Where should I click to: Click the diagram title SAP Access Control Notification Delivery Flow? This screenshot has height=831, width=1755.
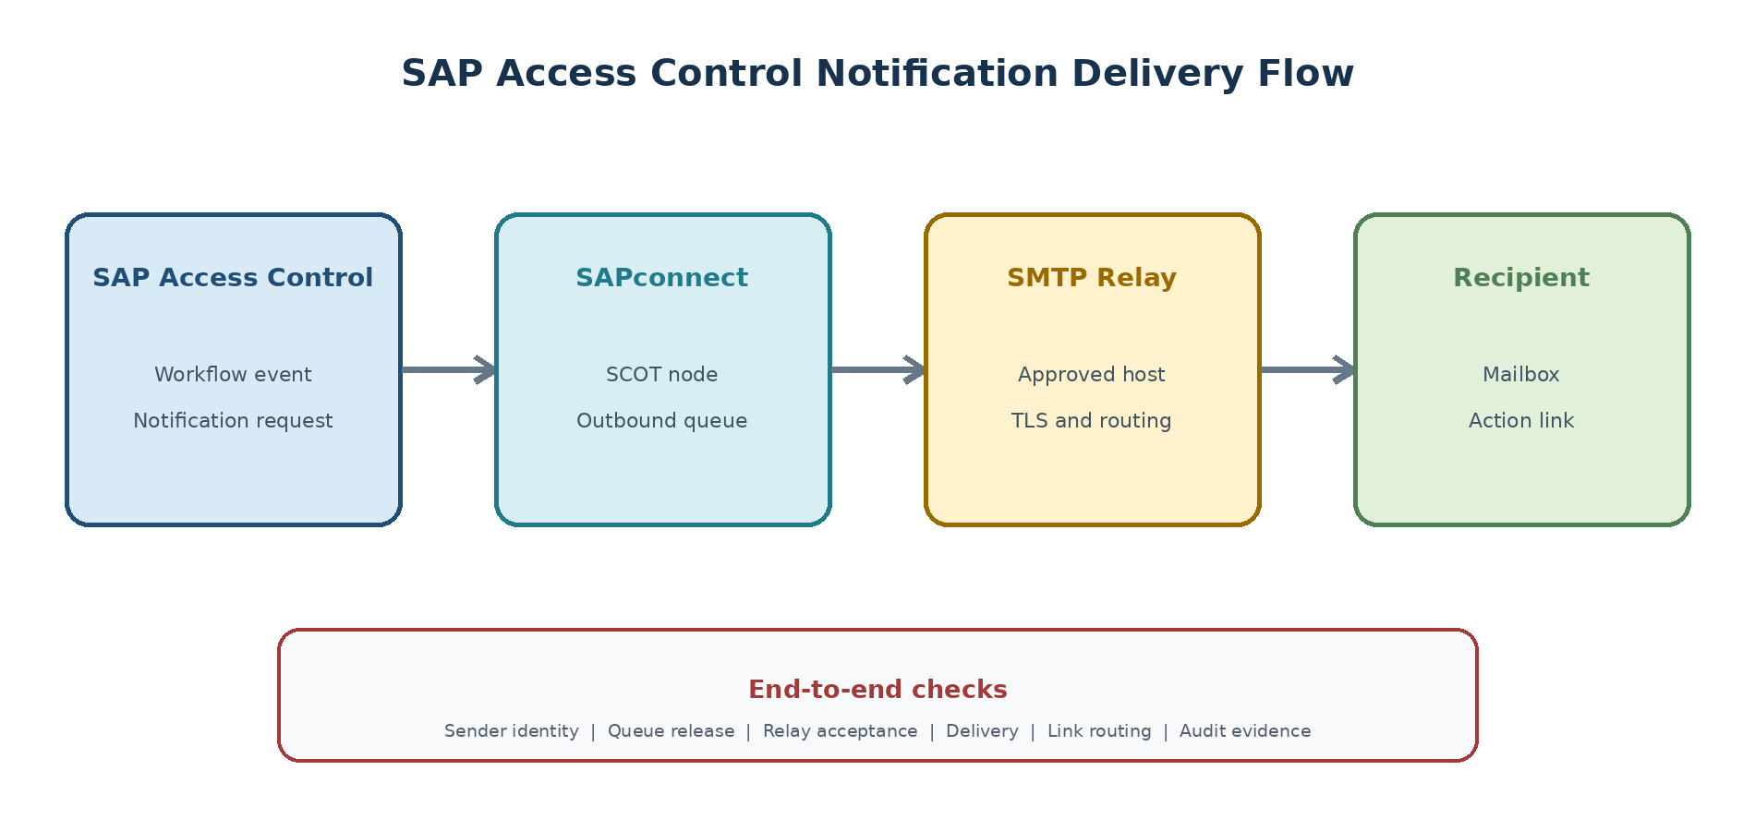877,74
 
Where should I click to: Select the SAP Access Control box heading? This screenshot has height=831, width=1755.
233,278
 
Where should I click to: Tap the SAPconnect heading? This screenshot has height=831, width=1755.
661,278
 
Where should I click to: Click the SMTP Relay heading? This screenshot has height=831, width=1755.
1092,278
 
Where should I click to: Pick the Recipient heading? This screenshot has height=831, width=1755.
1521,278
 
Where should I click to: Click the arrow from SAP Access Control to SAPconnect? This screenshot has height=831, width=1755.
449,369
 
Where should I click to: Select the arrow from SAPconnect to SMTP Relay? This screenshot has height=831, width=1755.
878,369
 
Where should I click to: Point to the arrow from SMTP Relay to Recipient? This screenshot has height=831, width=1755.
1308,369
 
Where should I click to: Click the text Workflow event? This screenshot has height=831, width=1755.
233,374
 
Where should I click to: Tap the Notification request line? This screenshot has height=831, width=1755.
233,421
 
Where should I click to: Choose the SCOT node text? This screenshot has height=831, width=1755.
661,374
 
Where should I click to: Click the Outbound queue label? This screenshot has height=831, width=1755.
661,421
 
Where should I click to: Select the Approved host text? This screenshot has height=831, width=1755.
1092,374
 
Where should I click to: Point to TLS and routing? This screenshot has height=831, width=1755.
1092,421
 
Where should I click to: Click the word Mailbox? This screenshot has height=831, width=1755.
1521,374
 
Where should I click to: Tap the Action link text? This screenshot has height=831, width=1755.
1521,421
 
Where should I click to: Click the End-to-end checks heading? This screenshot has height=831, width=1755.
877,690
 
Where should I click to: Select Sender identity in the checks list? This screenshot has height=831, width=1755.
512,731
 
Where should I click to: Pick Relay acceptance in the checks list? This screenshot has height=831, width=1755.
841,731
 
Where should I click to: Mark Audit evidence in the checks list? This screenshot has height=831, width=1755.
1245,731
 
